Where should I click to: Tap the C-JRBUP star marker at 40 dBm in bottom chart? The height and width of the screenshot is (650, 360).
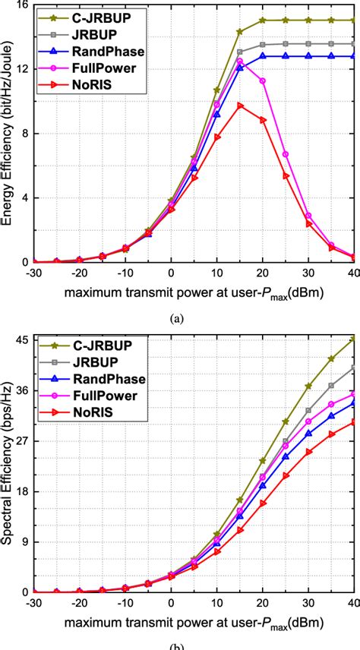point(354,339)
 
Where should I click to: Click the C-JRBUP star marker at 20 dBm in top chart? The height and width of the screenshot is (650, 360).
point(263,21)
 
